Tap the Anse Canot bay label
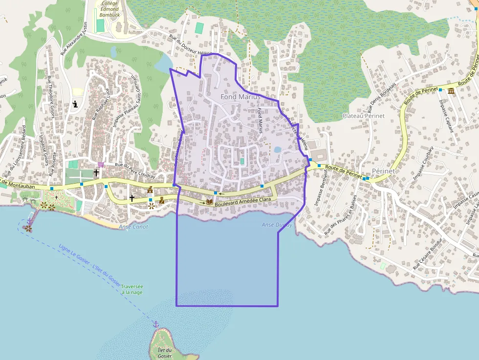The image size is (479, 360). pos(133,227)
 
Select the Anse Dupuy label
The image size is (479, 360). pos(277,225)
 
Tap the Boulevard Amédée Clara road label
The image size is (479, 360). pos(243,200)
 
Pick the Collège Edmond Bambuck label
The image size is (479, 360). pos(109,9)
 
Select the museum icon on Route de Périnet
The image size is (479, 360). pos(451,91)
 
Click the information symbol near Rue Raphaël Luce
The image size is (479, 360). pos(75,104)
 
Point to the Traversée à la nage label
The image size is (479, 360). pos(132,289)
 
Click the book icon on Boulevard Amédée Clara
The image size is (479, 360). pos(209,201)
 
